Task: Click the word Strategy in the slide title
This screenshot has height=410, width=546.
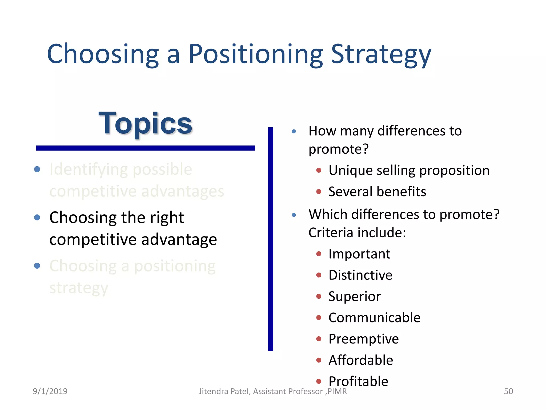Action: pos(381,54)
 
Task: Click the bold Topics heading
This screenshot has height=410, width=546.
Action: pos(145,123)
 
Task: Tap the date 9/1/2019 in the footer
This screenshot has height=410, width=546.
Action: pos(50,391)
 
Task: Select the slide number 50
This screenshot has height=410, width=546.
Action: pos(508,391)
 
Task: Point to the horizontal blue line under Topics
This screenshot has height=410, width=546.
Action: pos(145,148)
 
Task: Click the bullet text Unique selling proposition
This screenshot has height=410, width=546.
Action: pos(409,170)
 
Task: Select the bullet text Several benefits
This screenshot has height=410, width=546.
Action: pos(377,192)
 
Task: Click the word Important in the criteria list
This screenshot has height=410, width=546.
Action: pos(359,254)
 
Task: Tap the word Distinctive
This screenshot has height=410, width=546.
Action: pos(360,275)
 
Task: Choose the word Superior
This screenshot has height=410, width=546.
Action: pos(354,297)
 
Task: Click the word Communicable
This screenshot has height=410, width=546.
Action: pos(374,318)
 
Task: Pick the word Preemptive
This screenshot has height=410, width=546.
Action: pos(363,339)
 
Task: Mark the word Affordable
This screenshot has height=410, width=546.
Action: pos(360,360)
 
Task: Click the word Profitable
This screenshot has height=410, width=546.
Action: pos(358,381)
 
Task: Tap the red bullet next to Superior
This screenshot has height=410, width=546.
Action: pos(319,296)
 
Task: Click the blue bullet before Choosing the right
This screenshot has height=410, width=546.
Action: pos(37,217)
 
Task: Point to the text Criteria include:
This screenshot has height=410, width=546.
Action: pos(357,233)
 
